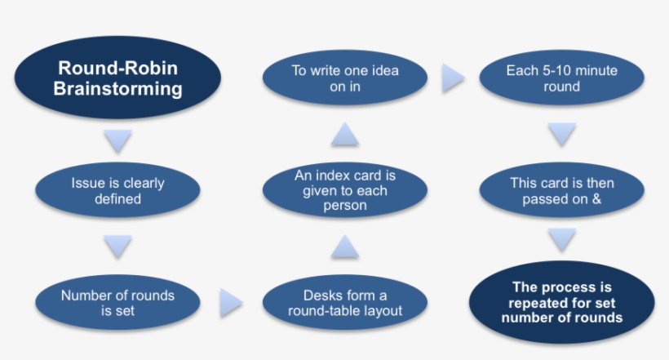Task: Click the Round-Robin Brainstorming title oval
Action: point(118,79)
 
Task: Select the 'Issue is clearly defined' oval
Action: point(118,191)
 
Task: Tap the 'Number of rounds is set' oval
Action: point(118,302)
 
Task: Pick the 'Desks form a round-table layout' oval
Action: point(344,302)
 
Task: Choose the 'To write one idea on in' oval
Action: point(344,79)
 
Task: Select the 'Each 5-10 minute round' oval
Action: point(561,79)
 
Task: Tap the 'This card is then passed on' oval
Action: point(561,191)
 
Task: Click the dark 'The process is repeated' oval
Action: point(561,302)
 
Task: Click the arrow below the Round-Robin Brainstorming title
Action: point(118,142)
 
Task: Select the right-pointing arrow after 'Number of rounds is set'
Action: point(232,304)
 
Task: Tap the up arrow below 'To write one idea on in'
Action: point(344,135)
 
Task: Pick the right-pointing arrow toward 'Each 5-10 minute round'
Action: point(454,79)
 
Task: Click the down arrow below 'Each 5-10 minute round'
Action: point(561,134)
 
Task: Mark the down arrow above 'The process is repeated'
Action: point(561,240)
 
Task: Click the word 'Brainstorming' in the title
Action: point(118,89)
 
